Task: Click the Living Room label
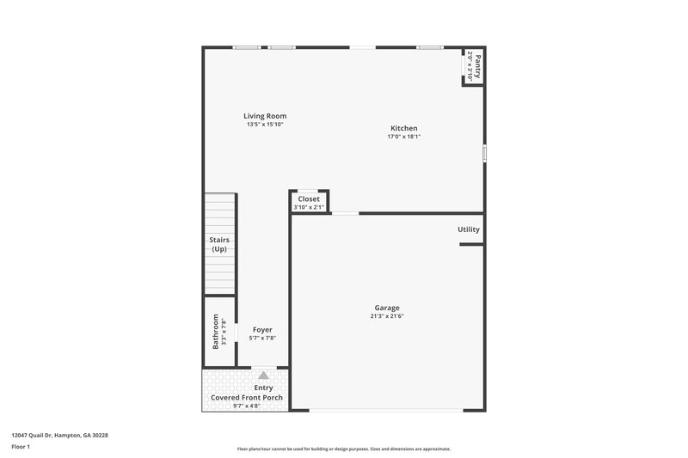pyautogui.click(x=264, y=116)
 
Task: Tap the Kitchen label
pyautogui.click(x=403, y=128)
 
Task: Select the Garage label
pyautogui.click(x=386, y=308)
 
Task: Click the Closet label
pyautogui.click(x=309, y=198)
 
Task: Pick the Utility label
pyautogui.click(x=469, y=229)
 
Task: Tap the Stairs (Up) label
pyautogui.click(x=219, y=244)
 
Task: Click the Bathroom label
pyautogui.click(x=216, y=332)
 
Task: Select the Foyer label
pyautogui.click(x=262, y=330)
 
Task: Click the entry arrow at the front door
pyautogui.click(x=263, y=376)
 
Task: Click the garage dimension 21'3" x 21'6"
pyautogui.click(x=386, y=316)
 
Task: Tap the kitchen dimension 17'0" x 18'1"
pyautogui.click(x=403, y=137)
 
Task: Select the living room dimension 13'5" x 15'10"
pyautogui.click(x=264, y=125)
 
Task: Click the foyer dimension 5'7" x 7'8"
pyautogui.click(x=262, y=339)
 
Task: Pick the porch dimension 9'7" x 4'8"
pyautogui.click(x=247, y=406)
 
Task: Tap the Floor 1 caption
pyautogui.click(x=20, y=448)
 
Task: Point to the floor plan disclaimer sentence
pyautogui.click(x=343, y=449)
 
